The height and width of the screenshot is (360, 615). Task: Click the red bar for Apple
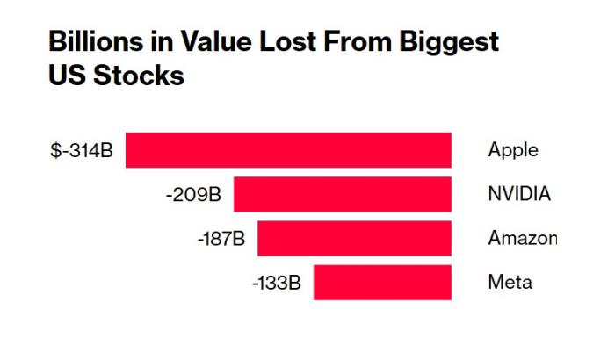(x=288, y=150)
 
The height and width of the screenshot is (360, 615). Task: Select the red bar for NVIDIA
(x=342, y=194)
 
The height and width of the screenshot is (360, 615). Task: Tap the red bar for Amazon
(x=354, y=239)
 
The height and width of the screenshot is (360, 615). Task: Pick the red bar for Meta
(x=382, y=283)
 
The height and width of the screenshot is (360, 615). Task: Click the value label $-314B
(x=82, y=150)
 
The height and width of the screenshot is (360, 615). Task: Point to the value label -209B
(x=193, y=194)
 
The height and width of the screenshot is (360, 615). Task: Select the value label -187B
(x=221, y=239)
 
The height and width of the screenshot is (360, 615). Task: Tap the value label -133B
(x=277, y=283)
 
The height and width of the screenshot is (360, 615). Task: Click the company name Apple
(x=513, y=150)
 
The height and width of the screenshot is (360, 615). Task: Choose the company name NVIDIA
(x=519, y=194)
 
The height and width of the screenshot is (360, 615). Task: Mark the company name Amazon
(x=522, y=239)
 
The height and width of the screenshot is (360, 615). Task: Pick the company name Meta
(x=510, y=283)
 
